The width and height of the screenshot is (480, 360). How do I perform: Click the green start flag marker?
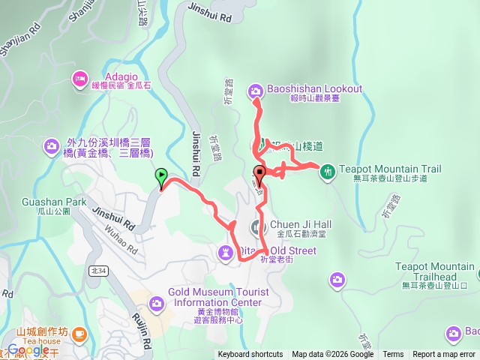[160, 177]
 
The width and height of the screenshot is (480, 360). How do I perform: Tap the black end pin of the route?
[259, 173]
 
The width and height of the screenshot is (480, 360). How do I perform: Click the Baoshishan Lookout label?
[314, 88]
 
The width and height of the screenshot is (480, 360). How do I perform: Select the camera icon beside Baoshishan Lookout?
[255, 91]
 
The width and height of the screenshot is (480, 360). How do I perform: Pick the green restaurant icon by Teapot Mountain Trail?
[327, 172]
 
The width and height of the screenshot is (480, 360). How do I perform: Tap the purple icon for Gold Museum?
[157, 303]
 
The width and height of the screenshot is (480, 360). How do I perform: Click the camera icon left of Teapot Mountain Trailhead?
[337, 280]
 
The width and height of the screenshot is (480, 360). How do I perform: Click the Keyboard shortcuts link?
[250, 355]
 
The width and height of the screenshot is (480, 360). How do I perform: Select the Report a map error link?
[443, 355]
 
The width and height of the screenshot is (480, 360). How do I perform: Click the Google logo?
[28, 349]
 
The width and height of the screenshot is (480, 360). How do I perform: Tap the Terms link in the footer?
[393, 355]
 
